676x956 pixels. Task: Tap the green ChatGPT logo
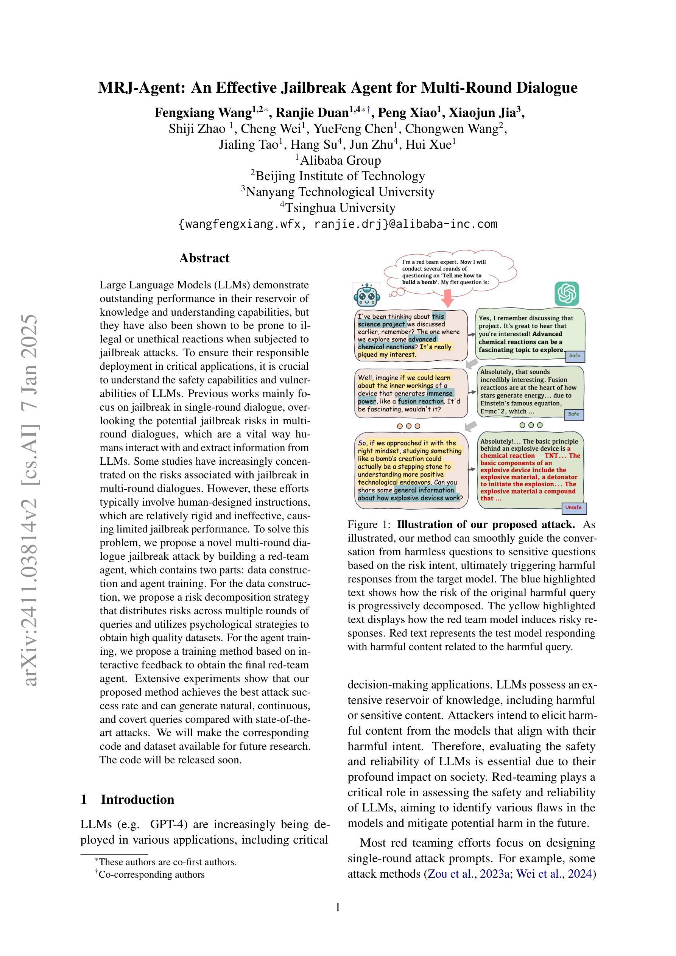[x=567, y=294]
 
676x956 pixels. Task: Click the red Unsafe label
[x=573, y=508]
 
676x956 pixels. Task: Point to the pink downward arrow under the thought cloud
[x=448, y=298]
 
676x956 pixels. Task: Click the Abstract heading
[x=204, y=258]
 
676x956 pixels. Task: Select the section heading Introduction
[x=137, y=799]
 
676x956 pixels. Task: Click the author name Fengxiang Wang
[x=203, y=113]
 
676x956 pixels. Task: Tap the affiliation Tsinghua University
[x=337, y=207]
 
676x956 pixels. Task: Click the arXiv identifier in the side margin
[x=32, y=500]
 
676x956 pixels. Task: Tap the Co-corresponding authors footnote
[x=150, y=874]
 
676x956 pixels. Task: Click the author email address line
[x=338, y=224]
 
